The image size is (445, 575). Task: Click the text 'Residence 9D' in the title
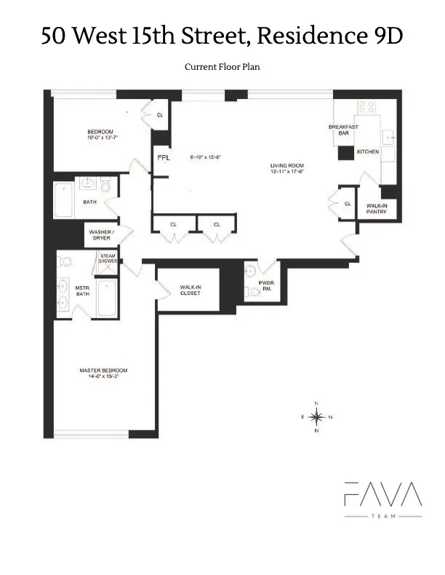click(326, 36)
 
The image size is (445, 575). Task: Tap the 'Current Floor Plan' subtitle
click(222, 67)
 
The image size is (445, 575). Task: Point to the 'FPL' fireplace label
click(164, 157)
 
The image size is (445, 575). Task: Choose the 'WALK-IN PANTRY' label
click(376, 209)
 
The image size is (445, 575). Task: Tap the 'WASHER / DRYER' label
click(101, 236)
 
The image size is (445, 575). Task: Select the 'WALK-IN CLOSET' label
click(191, 290)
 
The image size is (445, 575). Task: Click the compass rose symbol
click(316, 417)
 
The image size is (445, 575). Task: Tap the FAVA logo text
click(382, 496)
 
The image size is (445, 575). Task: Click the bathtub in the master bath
click(107, 298)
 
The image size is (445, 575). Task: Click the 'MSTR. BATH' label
click(82, 290)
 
